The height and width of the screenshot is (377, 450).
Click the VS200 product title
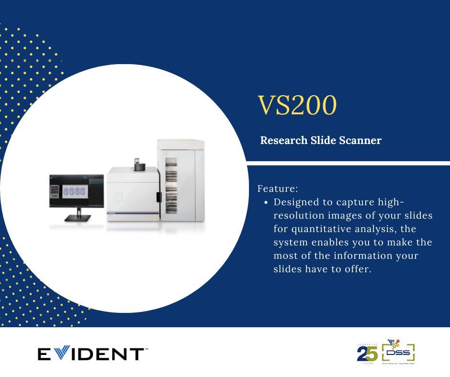click(x=297, y=106)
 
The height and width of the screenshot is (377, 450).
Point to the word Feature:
click(x=278, y=188)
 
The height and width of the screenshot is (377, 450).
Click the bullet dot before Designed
click(x=266, y=202)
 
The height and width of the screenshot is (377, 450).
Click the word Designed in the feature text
click(x=297, y=202)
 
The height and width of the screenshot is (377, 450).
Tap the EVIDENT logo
click(x=91, y=354)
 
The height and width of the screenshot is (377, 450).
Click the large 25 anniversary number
click(x=367, y=354)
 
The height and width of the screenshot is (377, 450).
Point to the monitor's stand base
click(x=77, y=218)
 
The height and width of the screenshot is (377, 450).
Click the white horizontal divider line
click(x=348, y=164)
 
